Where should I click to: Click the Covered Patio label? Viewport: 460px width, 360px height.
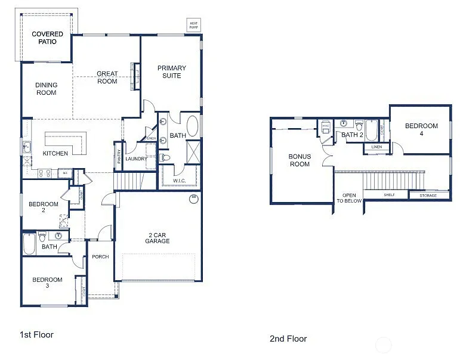tap(47, 38)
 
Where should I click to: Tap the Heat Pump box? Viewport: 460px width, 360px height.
tap(194, 24)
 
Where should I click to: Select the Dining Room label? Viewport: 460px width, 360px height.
tap(46, 89)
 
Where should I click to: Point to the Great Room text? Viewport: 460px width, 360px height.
tap(107, 77)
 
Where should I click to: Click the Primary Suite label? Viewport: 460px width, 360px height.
tap(172, 72)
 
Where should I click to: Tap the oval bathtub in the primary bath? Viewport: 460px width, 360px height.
tap(193, 127)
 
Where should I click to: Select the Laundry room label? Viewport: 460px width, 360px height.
tap(136, 159)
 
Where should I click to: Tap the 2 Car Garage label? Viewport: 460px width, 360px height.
tap(157, 237)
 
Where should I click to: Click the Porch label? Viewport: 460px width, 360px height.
tap(100, 257)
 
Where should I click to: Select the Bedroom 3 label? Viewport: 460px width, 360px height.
tap(47, 283)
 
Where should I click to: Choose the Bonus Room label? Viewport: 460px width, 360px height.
tap(300, 160)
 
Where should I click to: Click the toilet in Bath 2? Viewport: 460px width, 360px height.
tap(359, 126)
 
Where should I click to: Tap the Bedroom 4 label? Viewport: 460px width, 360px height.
tap(421, 129)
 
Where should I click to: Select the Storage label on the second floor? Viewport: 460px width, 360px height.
tap(428, 195)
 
